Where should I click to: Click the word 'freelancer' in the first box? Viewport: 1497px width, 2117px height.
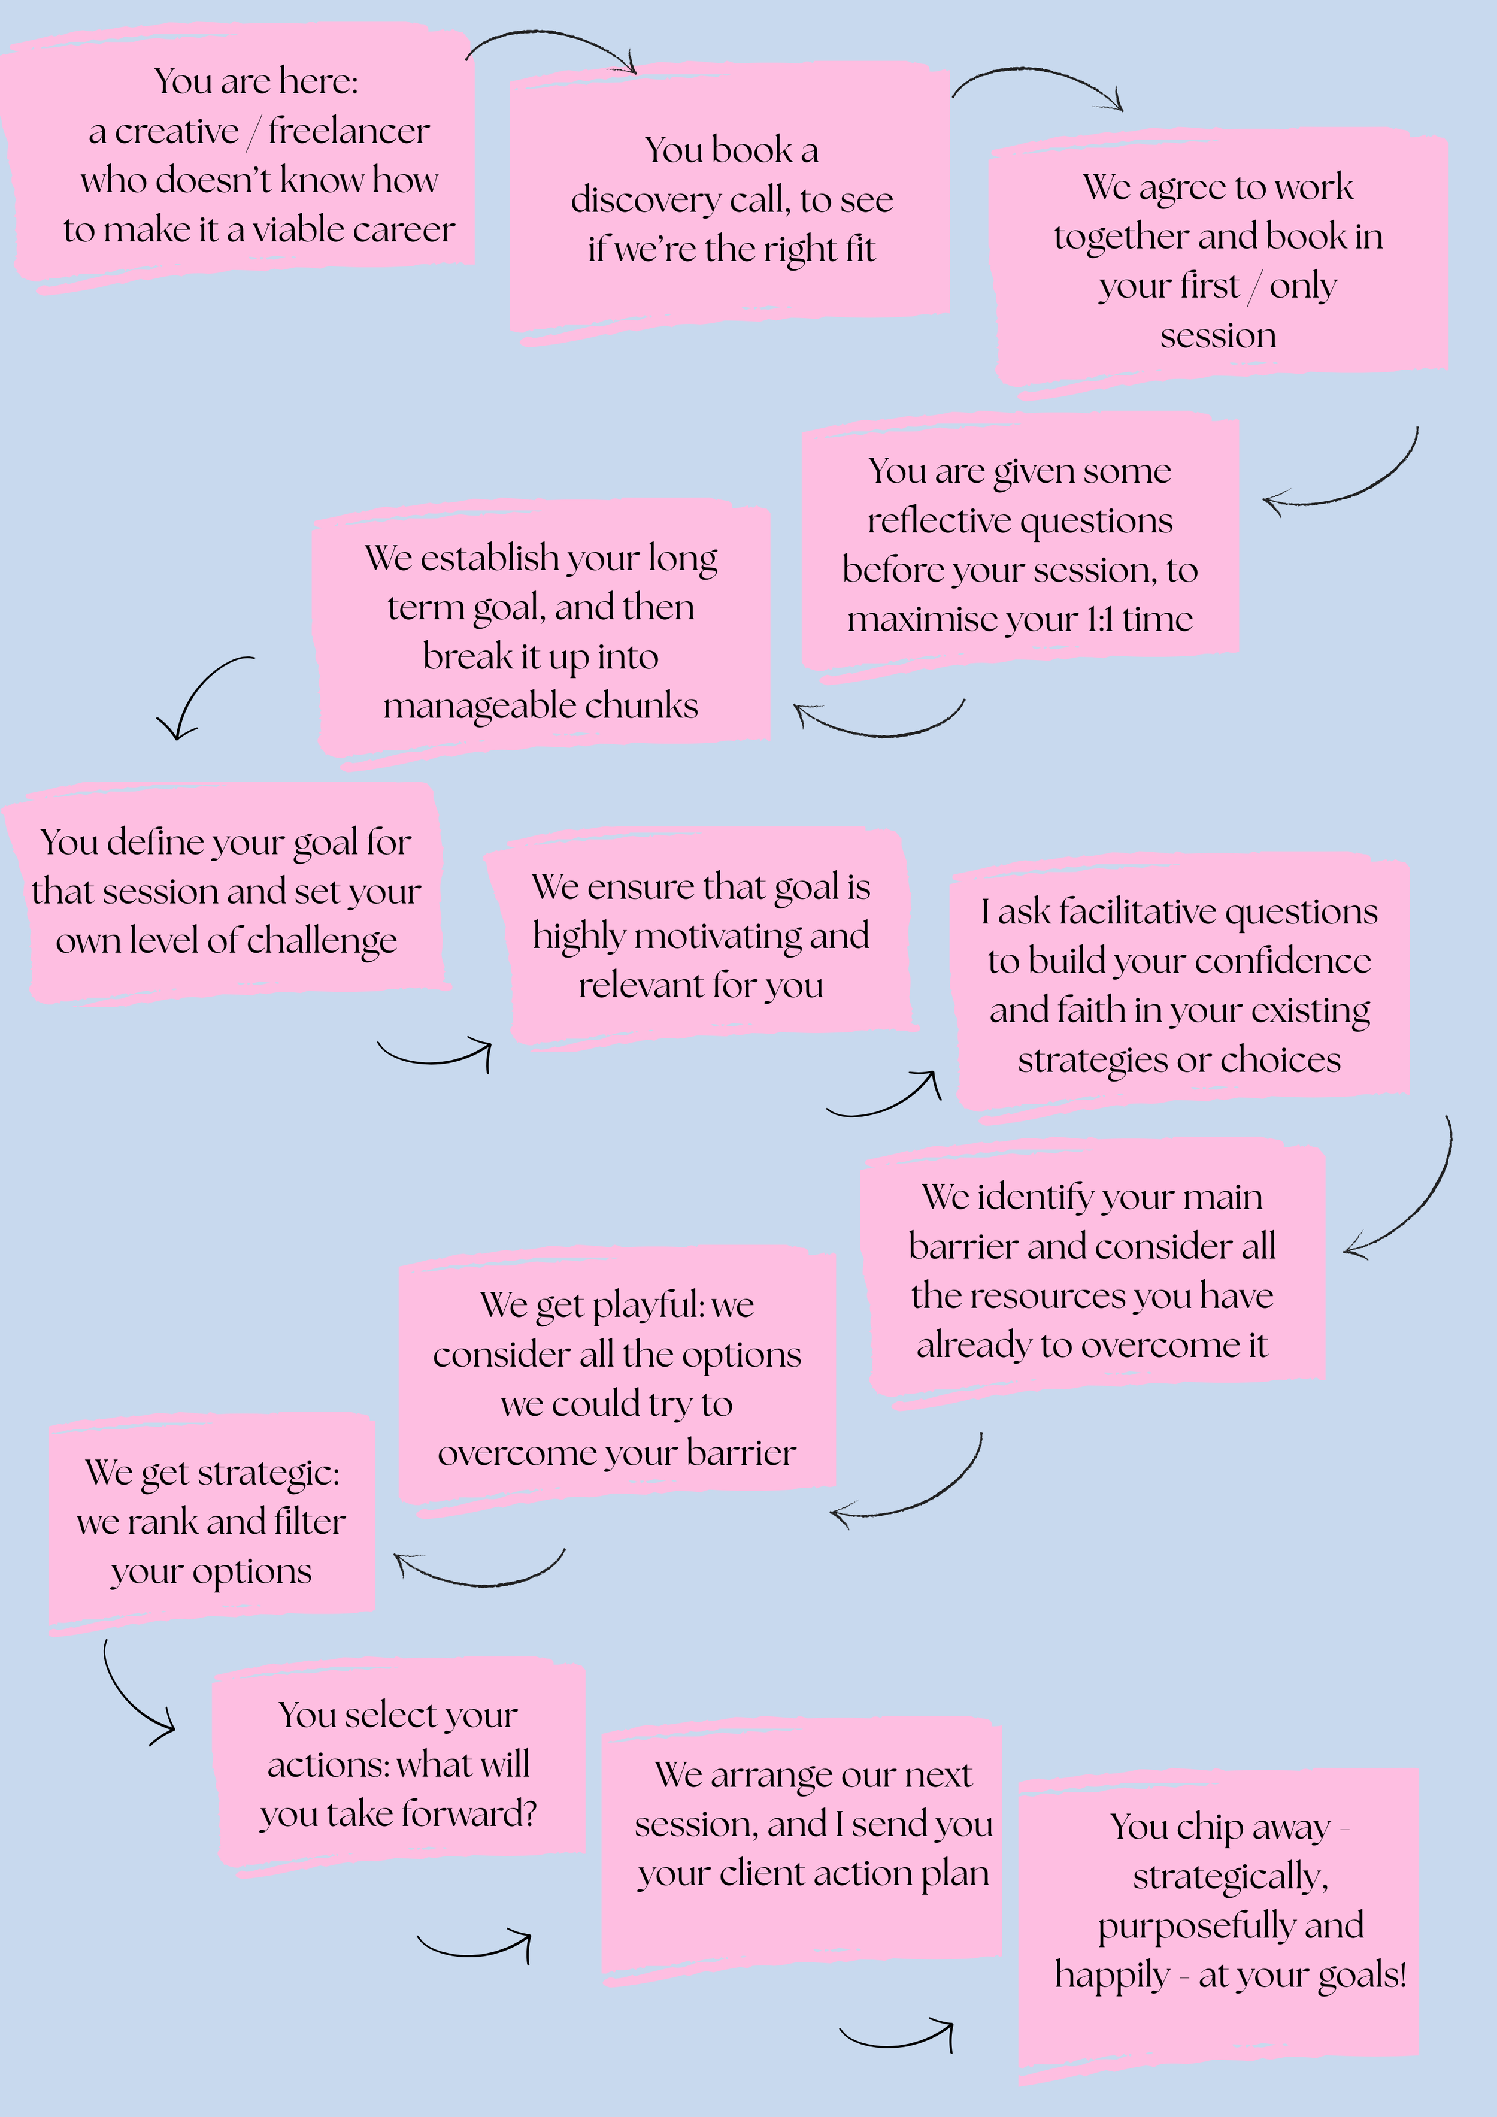349,132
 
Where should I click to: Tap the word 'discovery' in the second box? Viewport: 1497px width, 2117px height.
646,200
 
